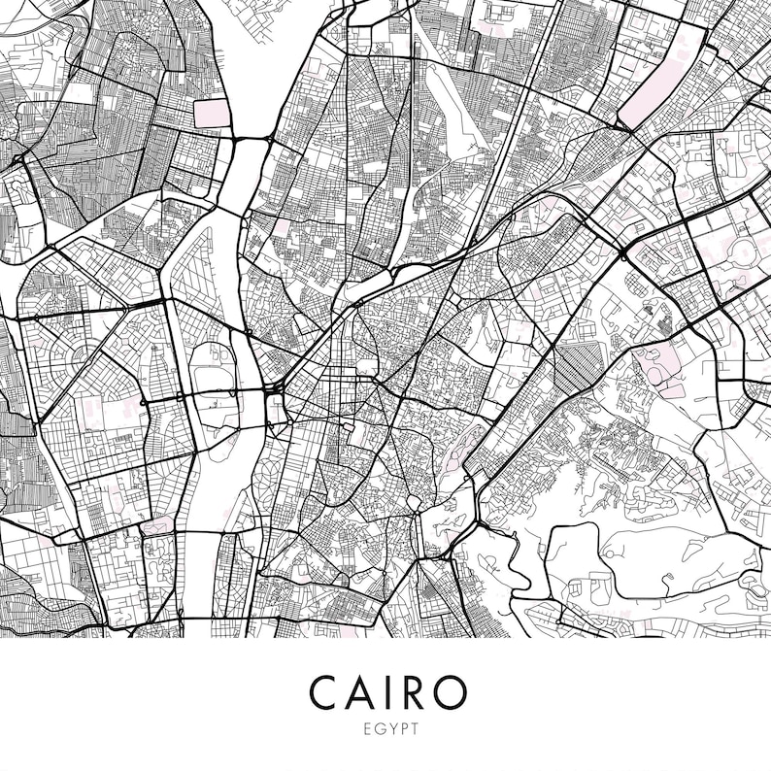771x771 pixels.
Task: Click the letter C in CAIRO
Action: pos(325,691)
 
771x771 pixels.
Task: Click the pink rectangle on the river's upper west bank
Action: pos(209,113)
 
